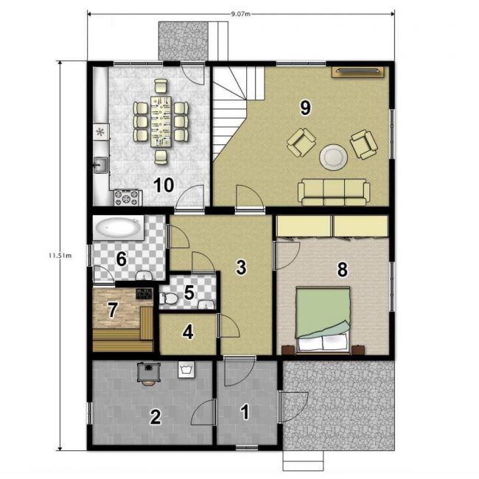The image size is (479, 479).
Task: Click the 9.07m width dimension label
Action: pos(241,14)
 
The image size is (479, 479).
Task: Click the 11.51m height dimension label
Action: pos(60,256)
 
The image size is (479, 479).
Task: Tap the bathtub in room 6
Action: pos(118,228)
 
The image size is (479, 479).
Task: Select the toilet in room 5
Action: pos(168,298)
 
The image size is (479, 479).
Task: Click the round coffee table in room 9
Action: pos(333,157)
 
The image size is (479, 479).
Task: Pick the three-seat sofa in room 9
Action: pos(334,192)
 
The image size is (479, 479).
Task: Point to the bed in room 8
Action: pos(324,320)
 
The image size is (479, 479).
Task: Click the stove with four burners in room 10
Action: pos(127,197)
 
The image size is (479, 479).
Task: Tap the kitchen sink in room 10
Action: pos(100,165)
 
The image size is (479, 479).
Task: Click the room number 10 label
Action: pos(164,185)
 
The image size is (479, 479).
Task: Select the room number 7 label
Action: pos(113,310)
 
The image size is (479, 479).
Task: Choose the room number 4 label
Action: pos(188,332)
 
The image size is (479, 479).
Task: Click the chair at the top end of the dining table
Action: pos(161,85)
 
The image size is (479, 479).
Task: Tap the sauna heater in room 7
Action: pos(144,293)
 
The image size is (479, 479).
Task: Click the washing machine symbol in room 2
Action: pos(186,370)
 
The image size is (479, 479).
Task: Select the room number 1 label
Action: pos(245,412)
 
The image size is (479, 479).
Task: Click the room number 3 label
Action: pos(241,268)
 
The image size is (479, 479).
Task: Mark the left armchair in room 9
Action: pos(301,142)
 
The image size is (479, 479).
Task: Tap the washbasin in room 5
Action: pos(206,305)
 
